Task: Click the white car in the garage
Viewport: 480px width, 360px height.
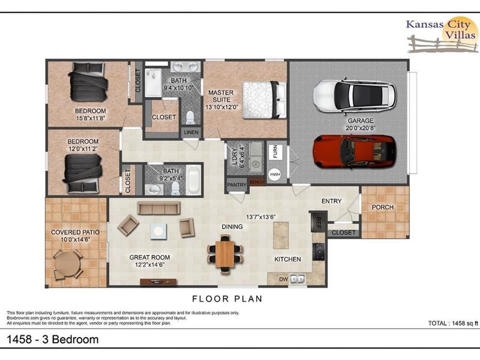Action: pyautogui.click(x=354, y=94)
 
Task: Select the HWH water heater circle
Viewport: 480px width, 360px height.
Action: pyautogui.click(x=275, y=175)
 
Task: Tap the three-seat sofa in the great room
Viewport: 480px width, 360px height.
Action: pyautogui.click(x=159, y=208)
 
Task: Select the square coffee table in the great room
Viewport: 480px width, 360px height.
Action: pyautogui.click(x=158, y=230)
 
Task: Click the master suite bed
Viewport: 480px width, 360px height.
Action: pyautogui.click(x=261, y=100)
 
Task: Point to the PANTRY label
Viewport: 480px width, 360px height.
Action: pyautogui.click(x=237, y=185)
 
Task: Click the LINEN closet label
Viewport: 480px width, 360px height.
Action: pyautogui.click(x=190, y=132)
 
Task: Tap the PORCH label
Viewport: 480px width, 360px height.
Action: pyautogui.click(x=382, y=207)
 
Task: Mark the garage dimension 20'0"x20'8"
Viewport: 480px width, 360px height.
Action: pyautogui.click(x=361, y=128)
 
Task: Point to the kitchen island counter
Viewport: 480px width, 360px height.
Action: pyautogui.click(x=281, y=235)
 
